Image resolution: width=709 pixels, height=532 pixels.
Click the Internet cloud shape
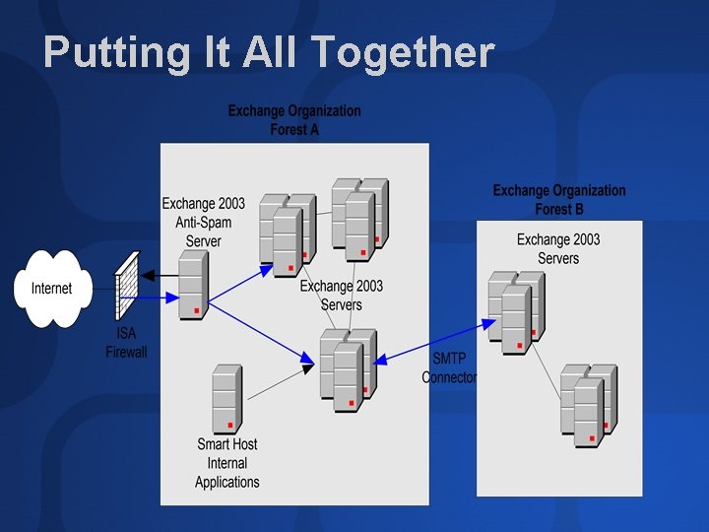point(52,289)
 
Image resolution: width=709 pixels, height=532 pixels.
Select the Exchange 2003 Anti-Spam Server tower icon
point(193,285)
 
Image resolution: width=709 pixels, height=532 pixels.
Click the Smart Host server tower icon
point(226,400)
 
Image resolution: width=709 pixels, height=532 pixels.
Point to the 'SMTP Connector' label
point(449,367)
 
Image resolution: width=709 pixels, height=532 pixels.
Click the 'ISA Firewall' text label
point(126,343)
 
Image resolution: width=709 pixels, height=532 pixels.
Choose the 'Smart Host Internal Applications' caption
point(227,463)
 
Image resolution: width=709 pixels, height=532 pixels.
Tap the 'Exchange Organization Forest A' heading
point(294,120)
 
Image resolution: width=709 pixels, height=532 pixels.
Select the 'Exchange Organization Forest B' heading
point(558,199)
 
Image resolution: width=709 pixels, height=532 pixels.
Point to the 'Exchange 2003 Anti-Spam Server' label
point(204,222)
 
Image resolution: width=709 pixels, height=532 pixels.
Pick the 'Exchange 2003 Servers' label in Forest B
point(558,248)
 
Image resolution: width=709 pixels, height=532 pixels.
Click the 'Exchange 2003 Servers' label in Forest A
point(342,295)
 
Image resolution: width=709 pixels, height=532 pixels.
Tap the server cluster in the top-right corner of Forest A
point(359,219)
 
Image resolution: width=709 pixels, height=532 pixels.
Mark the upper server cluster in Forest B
point(516,312)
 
